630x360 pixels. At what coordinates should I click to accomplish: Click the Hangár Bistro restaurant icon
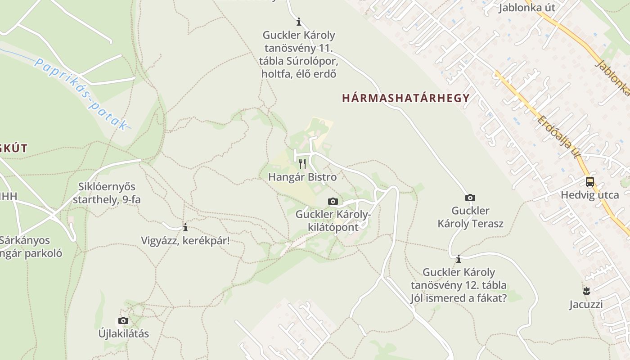point(302,163)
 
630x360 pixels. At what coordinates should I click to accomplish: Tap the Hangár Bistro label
point(302,177)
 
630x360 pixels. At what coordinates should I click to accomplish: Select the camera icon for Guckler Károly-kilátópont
point(333,201)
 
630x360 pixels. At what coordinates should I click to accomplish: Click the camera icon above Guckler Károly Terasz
point(470,198)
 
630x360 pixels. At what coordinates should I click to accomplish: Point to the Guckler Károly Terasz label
point(470,217)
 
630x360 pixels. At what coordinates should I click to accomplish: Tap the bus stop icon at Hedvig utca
point(589,182)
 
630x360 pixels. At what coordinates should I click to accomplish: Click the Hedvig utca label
point(589,195)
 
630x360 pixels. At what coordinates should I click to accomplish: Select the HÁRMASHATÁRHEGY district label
point(406,98)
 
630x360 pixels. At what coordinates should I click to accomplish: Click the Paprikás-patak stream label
point(81,95)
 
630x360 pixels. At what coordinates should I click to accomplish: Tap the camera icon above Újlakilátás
point(123,320)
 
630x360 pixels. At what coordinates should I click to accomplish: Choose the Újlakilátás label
point(123,333)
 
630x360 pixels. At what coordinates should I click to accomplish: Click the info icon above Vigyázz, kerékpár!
point(185,227)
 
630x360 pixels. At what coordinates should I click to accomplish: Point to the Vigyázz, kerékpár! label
point(185,240)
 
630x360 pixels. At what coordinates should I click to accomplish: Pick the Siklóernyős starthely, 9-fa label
point(107,193)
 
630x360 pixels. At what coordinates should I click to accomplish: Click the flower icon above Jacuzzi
point(586,291)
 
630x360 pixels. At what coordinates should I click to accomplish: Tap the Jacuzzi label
point(586,304)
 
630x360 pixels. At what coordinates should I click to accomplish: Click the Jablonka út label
point(526,8)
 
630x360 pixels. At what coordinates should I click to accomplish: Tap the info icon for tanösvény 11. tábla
point(298,22)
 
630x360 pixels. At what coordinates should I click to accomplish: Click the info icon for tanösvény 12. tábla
point(459,259)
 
